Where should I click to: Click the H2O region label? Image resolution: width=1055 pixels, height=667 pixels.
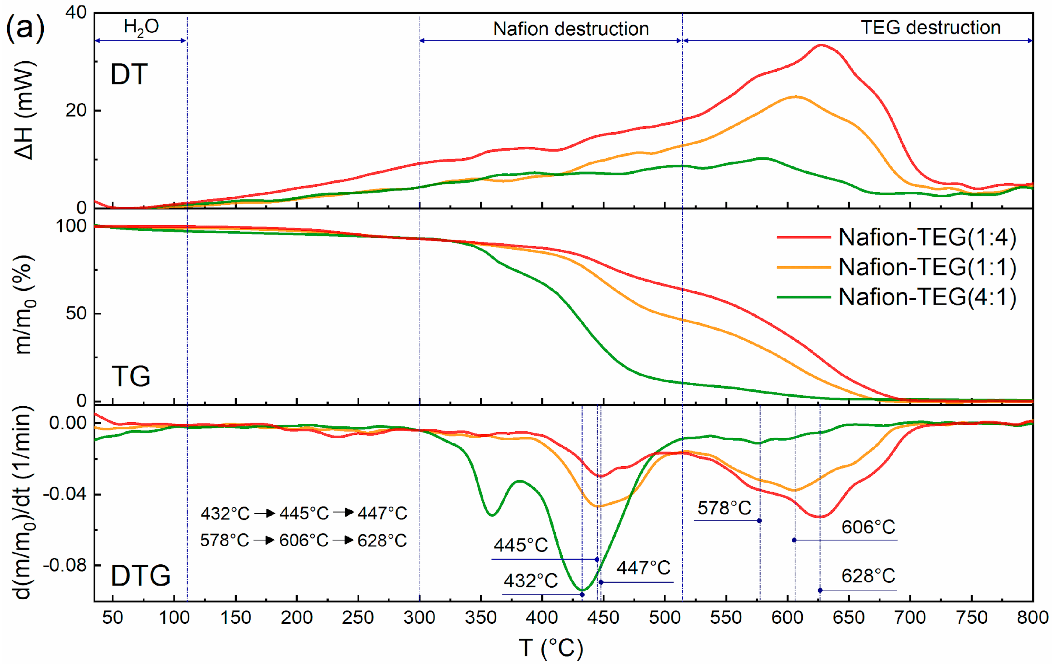point(141,27)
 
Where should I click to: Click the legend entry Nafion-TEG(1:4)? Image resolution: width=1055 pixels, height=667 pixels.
point(927,238)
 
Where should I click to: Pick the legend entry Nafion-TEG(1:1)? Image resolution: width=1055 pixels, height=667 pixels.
point(927,267)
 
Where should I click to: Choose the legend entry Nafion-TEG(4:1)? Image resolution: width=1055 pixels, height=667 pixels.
point(927,297)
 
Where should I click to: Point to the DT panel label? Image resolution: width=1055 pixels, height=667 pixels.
point(129,74)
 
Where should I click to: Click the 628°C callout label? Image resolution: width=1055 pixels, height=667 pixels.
point(868,576)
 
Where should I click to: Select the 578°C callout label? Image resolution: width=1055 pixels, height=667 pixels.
point(724,508)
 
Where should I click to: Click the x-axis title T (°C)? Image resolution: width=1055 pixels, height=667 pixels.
point(551,648)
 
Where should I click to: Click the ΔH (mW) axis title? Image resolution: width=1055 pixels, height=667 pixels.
point(24,110)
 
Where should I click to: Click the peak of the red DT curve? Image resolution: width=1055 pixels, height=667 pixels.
point(821,45)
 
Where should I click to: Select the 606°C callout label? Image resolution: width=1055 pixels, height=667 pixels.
point(868,527)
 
